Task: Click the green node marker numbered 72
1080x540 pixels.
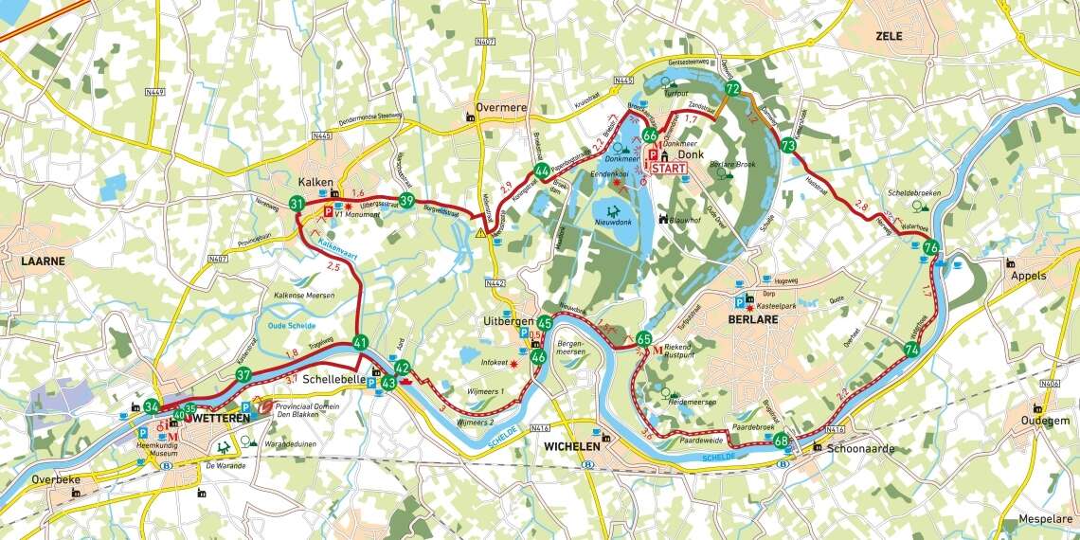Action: (x=731, y=88)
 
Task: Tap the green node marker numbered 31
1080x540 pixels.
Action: (x=297, y=204)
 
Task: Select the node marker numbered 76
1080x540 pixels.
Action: (x=931, y=248)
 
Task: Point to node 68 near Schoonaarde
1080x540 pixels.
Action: (x=781, y=441)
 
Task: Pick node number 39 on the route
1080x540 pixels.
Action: (x=406, y=200)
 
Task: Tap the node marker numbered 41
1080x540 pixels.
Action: (x=360, y=343)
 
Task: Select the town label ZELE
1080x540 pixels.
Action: (x=889, y=37)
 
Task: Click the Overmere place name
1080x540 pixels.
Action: (x=501, y=108)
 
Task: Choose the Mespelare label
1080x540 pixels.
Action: (x=1045, y=519)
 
